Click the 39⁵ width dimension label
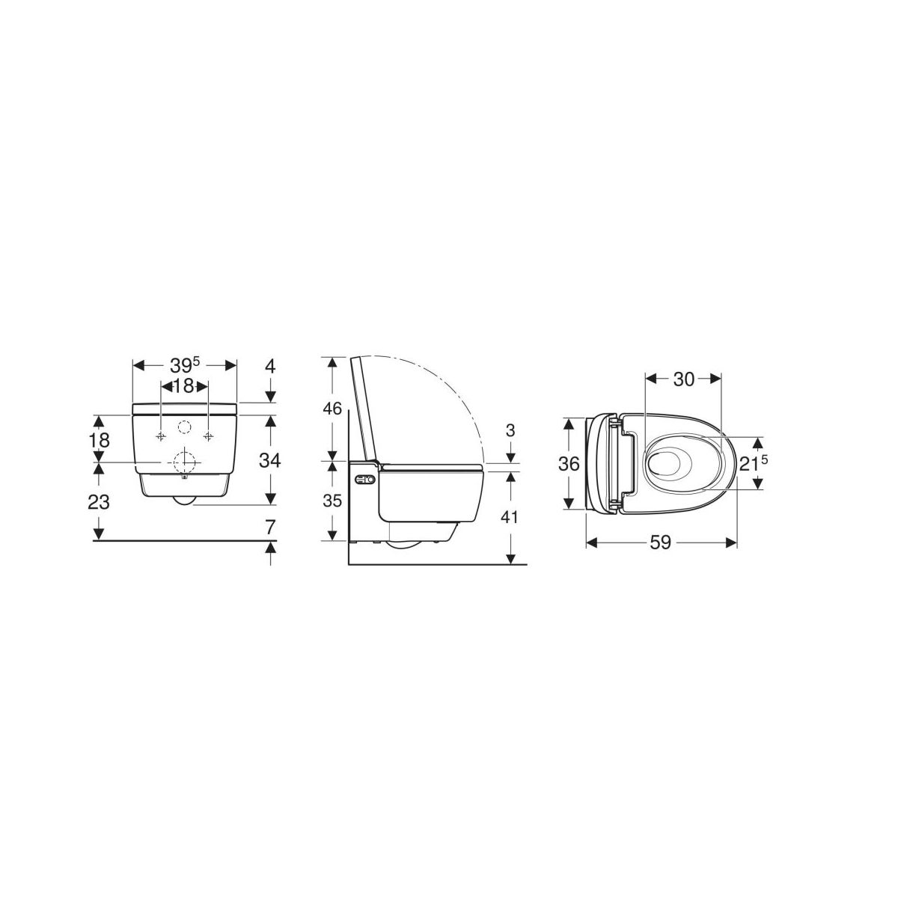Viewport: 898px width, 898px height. [x=185, y=365]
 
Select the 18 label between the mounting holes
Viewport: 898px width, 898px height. [x=183, y=386]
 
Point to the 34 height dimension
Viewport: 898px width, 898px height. [x=270, y=461]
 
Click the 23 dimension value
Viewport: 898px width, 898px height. [x=99, y=502]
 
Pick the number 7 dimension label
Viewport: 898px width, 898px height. [x=270, y=528]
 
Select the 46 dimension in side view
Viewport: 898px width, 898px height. [x=333, y=409]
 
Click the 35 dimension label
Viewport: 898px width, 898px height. [x=333, y=501]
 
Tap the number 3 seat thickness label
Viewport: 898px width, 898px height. [x=510, y=430]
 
